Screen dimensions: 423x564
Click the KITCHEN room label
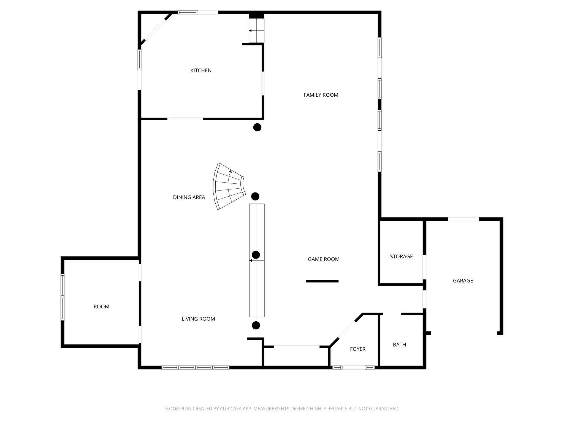click(201, 70)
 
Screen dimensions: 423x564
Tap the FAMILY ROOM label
click(321, 95)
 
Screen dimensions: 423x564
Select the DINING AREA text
click(189, 197)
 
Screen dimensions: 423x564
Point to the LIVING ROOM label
click(198, 319)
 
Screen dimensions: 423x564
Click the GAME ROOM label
click(323, 259)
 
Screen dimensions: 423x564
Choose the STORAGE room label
click(401, 257)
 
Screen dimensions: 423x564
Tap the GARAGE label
click(463, 281)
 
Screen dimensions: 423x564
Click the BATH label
click(399, 345)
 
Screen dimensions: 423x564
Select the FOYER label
click(357, 349)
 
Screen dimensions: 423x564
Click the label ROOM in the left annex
click(101, 307)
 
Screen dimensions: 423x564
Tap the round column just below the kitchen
click(257, 127)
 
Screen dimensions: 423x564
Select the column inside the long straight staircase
click(256, 255)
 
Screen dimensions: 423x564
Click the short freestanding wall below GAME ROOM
click(322, 281)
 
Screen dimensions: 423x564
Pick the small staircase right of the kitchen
click(256, 31)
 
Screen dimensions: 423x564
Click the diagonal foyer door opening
click(346, 330)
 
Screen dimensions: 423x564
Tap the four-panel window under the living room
click(195, 367)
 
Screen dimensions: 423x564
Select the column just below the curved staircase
click(255, 196)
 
